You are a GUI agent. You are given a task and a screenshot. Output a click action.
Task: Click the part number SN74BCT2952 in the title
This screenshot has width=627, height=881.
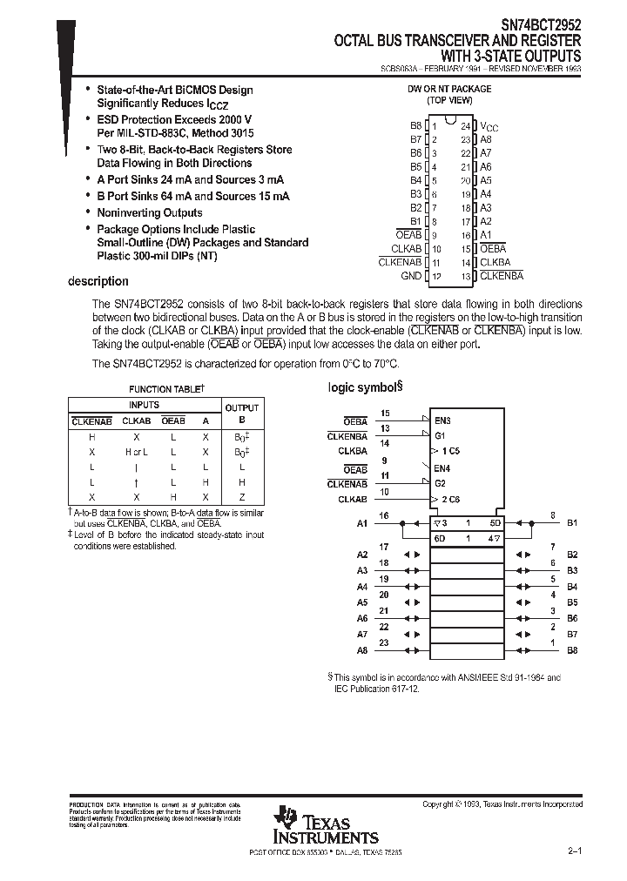tap(541, 25)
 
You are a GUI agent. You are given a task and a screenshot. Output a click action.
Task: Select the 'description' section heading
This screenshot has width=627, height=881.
tap(98, 281)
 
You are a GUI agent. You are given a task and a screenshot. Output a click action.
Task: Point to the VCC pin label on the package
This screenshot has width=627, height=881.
tap(489, 127)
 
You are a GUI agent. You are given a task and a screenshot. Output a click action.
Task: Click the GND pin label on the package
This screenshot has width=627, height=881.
tap(410, 276)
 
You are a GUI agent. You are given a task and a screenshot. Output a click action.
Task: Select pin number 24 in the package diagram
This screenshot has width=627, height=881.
tap(466, 126)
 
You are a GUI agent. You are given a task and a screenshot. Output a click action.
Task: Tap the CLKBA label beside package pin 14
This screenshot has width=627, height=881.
tap(495, 262)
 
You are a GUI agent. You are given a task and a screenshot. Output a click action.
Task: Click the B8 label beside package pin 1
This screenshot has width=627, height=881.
tap(415, 126)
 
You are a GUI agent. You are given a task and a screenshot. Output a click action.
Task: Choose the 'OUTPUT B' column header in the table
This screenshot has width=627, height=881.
tap(242, 413)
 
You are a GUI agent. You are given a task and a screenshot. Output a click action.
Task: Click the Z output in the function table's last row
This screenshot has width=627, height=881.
tap(242, 495)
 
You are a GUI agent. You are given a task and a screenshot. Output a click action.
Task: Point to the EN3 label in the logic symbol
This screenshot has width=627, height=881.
tap(443, 420)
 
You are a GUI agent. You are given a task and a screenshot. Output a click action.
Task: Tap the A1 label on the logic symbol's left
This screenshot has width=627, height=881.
tap(362, 523)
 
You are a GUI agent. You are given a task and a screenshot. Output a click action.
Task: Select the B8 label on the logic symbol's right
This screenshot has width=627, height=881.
tap(572, 649)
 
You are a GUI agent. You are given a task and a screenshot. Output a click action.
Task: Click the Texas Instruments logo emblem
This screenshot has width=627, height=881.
tap(286, 819)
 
